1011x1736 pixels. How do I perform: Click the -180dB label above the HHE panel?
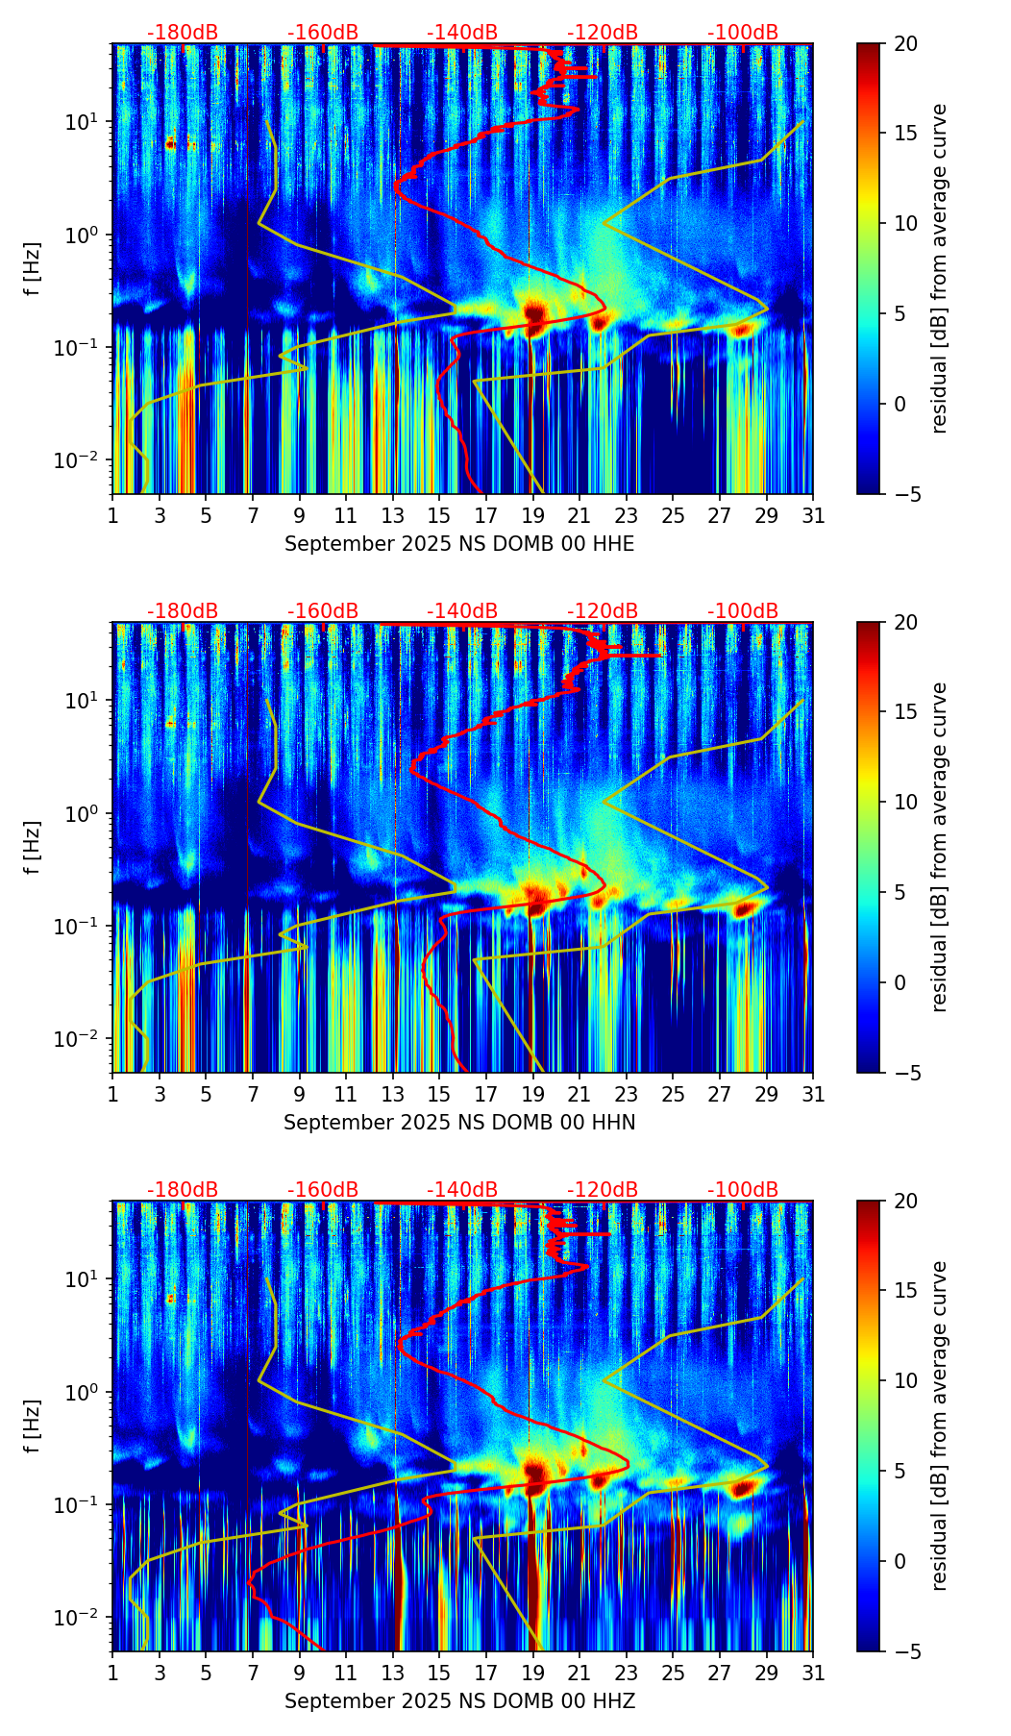tap(183, 33)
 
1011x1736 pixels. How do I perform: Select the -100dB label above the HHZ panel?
tap(743, 1190)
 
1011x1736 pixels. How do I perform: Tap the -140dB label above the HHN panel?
tap(462, 611)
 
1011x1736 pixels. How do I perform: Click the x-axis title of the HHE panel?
tap(459, 544)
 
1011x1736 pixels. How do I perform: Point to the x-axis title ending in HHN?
tap(459, 1123)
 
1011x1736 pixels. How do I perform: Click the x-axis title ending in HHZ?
tap(459, 1701)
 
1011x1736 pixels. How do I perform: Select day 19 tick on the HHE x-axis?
tap(533, 515)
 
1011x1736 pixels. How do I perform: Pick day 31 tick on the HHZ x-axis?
tap(813, 1673)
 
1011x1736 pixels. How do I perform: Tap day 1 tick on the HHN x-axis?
tap(113, 1094)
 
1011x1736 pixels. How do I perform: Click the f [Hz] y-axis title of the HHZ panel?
tap(33, 1426)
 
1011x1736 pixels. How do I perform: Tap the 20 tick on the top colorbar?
tap(905, 44)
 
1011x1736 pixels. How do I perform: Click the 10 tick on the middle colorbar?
tap(905, 803)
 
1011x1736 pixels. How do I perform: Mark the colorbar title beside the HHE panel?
tap(940, 269)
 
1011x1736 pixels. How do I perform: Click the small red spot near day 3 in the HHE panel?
tap(170, 145)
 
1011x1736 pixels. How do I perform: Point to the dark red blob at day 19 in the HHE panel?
tap(535, 312)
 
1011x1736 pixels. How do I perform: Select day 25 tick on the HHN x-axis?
tap(673, 1094)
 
